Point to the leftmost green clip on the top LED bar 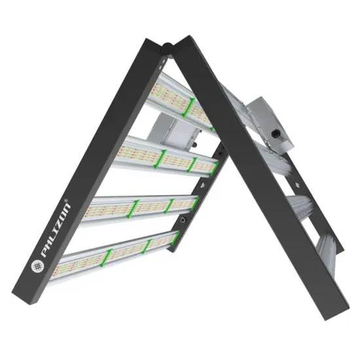pyautogui.click(x=187, y=108)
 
